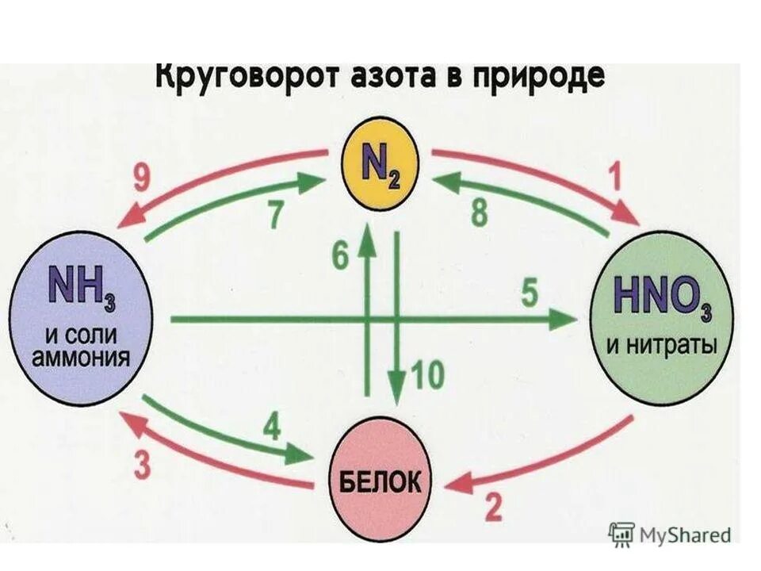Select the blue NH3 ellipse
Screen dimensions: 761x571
(x=82, y=318)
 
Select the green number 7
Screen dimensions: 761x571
(x=275, y=215)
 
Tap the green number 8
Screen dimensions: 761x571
(x=480, y=215)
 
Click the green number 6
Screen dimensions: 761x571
(x=340, y=256)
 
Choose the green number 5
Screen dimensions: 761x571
(x=529, y=295)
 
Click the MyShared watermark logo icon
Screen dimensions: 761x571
(x=622, y=534)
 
